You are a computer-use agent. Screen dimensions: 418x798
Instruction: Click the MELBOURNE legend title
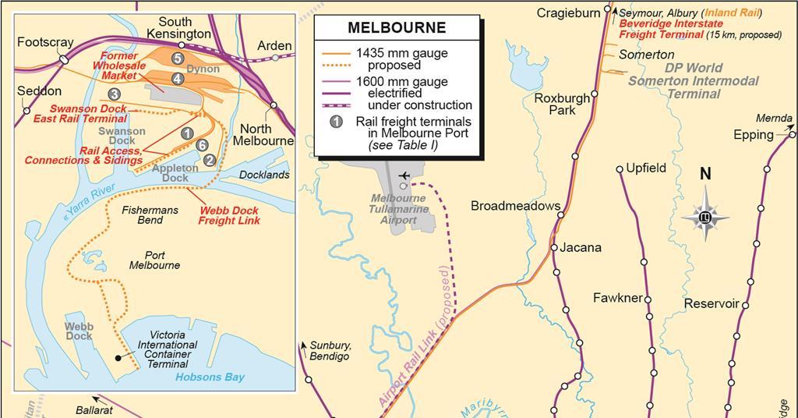pyautogui.click(x=397, y=28)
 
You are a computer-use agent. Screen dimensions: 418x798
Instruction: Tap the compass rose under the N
pyautogui.click(x=704, y=216)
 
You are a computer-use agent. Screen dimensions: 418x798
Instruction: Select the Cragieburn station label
pyautogui.click(x=568, y=12)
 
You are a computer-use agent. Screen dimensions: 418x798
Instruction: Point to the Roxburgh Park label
pyautogui.click(x=561, y=104)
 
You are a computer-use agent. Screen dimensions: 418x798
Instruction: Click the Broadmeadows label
pyautogui.click(x=515, y=206)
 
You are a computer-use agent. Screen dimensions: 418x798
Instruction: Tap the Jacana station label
pyautogui.click(x=581, y=247)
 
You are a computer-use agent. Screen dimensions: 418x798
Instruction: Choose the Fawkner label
pyautogui.click(x=617, y=298)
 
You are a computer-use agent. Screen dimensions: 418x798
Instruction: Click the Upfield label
pyautogui.click(x=646, y=168)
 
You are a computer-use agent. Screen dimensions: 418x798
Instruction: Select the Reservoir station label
pyautogui.click(x=711, y=303)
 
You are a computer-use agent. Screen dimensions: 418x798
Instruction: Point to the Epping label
pyautogui.click(x=753, y=135)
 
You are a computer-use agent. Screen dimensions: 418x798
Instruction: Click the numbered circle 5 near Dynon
pyautogui.click(x=178, y=58)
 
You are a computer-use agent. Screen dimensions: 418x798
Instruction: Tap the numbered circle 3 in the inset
pyautogui.click(x=115, y=94)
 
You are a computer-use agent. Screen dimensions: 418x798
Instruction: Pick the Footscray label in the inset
pyautogui.click(x=45, y=43)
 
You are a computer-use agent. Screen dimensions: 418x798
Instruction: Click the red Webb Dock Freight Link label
pyautogui.click(x=228, y=215)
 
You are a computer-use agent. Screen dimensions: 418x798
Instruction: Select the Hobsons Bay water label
pyautogui.click(x=210, y=377)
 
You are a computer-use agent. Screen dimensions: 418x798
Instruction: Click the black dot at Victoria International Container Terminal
pyautogui.click(x=117, y=357)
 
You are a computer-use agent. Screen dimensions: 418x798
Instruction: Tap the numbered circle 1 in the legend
pyautogui.click(x=336, y=122)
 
